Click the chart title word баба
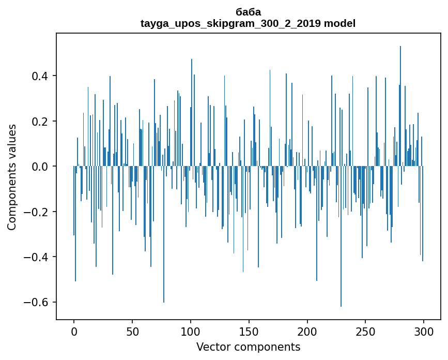pos(248,12)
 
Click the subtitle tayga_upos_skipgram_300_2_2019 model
pos(248,23)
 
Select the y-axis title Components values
pos(11,177)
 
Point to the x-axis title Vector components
pos(248,347)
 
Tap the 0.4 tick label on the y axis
pos(40,76)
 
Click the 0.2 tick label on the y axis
pos(40,122)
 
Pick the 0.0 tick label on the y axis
pos(40,167)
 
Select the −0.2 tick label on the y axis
pos(37,212)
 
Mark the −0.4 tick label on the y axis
pos(37,257)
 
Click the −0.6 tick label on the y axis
pos(37,302)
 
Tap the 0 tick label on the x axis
pos(74,332)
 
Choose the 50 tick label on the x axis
pos(132,332)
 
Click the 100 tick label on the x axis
pos(191,332)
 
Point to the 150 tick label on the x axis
pos(249,332)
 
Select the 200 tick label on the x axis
pos(307,332)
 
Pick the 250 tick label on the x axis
pos(366,332)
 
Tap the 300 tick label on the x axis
pos(424,332)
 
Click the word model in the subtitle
pos(339,23)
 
